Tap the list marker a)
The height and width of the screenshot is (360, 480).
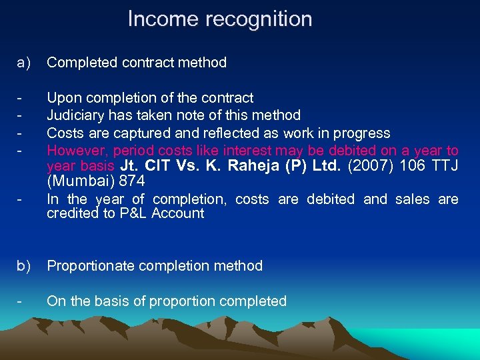pos(24,63)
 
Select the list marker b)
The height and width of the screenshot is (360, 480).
pos(24,266)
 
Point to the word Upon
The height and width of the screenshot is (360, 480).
pos(62,99)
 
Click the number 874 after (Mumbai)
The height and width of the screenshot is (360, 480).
pos(131,181)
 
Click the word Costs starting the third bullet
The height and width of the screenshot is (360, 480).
pos(65,133)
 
